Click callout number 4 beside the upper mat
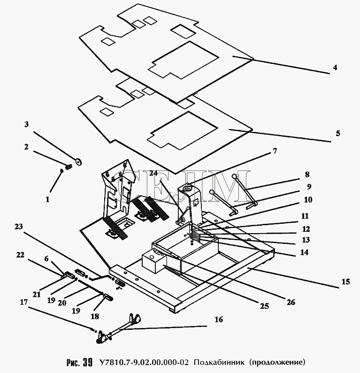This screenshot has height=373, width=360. [335, 68]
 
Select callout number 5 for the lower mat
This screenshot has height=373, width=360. [338, 133]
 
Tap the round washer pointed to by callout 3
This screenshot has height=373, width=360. [78, 162]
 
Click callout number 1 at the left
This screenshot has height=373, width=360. [47, 199]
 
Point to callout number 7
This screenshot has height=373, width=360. [275, 151]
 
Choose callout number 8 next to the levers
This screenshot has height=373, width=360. [307, 175]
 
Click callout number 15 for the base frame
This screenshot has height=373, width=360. [346, 282]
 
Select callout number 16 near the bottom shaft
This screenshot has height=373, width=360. [219, 320]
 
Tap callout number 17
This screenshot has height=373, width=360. [24, 302]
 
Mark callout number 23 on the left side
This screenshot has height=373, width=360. [19, 227]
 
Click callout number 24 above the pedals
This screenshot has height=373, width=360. [153, 173]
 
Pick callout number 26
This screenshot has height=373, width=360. [291, 302]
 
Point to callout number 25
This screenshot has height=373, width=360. [264, 306]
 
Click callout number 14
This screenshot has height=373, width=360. [304, 252]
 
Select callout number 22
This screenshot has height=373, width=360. [20, 255]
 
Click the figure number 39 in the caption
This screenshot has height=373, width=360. [88, 362]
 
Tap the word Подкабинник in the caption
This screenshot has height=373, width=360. [219, 362]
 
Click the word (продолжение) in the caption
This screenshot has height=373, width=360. [277, 362]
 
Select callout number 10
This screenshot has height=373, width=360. [308, 199]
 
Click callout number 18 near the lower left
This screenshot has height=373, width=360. [95, 316]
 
